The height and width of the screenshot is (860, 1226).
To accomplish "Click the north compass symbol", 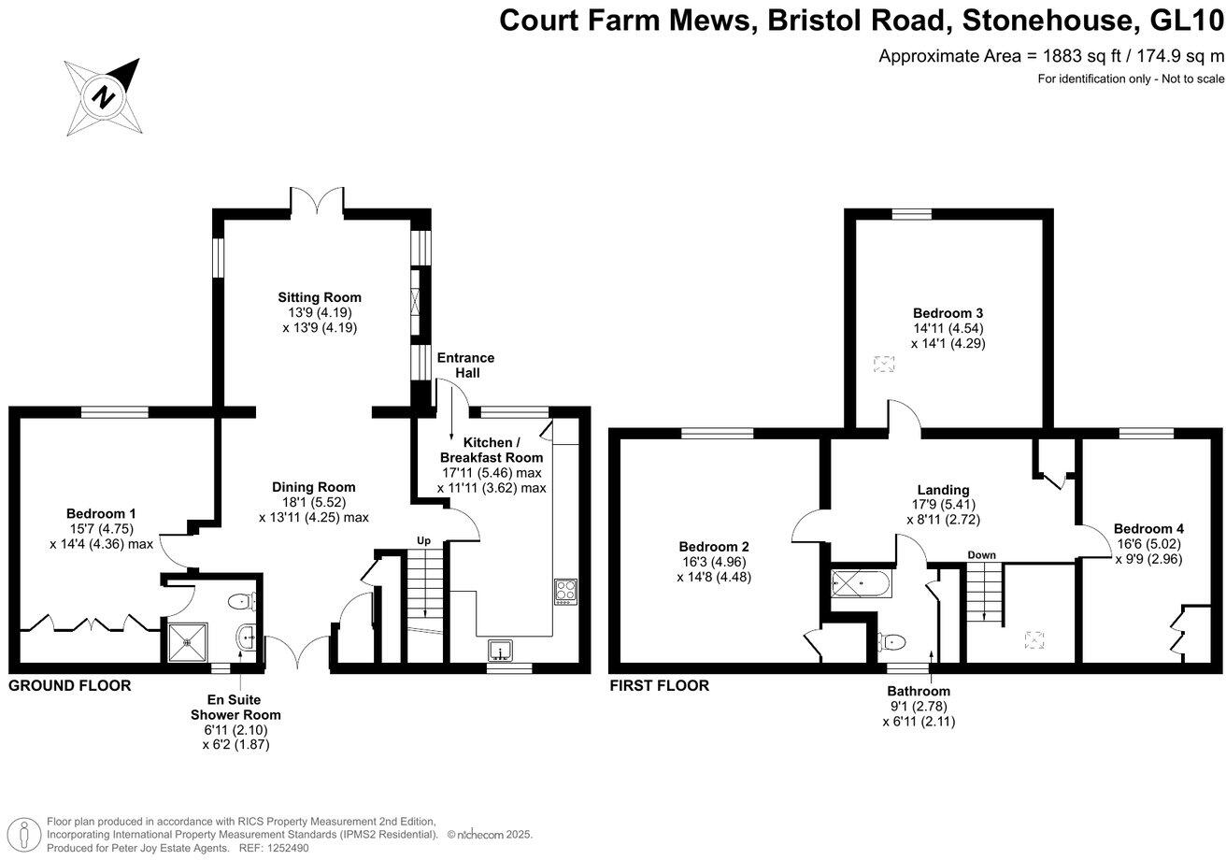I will click(104, 97).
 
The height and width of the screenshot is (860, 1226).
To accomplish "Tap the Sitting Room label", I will click(320, 297).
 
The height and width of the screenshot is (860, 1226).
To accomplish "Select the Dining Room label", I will click(314, 487).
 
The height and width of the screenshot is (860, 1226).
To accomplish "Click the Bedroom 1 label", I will click(102, 513).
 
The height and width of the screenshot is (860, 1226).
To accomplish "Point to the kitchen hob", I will click(566, 591).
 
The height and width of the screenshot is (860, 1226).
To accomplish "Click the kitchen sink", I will click(500, 649).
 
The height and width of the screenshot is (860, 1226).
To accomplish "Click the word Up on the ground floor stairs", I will click(423, 541).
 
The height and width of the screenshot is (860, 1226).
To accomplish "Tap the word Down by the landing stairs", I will click(981, 555).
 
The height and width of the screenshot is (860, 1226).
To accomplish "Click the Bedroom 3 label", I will click(948, 312).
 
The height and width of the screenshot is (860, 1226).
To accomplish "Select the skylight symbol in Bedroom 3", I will click(883, 365).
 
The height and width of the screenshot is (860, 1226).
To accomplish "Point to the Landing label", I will click(943, 489).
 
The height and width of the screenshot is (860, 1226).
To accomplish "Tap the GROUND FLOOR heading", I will click(70, 685).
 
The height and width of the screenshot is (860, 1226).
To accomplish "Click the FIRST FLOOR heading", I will click(659, 685).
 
